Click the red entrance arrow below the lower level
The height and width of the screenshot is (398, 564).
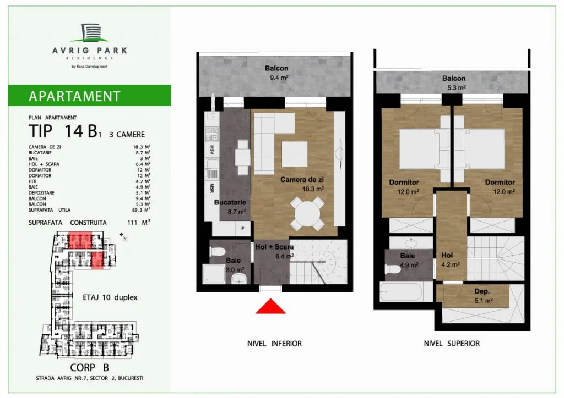point(271,307)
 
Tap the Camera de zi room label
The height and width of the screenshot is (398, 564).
point(302,180)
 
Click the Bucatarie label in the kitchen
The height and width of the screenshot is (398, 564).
point(230,202)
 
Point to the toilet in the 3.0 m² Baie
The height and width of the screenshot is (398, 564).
point(218,251)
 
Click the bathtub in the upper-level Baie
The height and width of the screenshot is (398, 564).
point(401,292)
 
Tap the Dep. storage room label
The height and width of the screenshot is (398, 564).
point(482,291)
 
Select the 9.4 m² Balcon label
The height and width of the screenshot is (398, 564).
point(276,68)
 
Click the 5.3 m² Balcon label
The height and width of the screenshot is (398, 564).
point(454,78)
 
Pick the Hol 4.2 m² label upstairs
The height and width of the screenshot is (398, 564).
point(447,255)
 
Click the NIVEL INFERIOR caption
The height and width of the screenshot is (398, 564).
point(274,344)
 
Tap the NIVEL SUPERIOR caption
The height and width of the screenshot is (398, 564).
point(452,344)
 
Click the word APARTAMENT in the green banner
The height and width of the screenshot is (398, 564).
point(74,96)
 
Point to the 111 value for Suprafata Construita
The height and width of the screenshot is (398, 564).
point(132,223)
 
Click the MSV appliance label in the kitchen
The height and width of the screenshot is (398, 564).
point(212,150)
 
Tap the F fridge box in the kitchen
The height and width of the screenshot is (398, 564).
point(243,229)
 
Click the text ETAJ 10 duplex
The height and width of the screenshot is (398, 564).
point(110,297)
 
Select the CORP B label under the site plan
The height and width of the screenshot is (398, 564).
point(90,368)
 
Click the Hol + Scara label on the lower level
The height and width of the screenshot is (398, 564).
point(274,247)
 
